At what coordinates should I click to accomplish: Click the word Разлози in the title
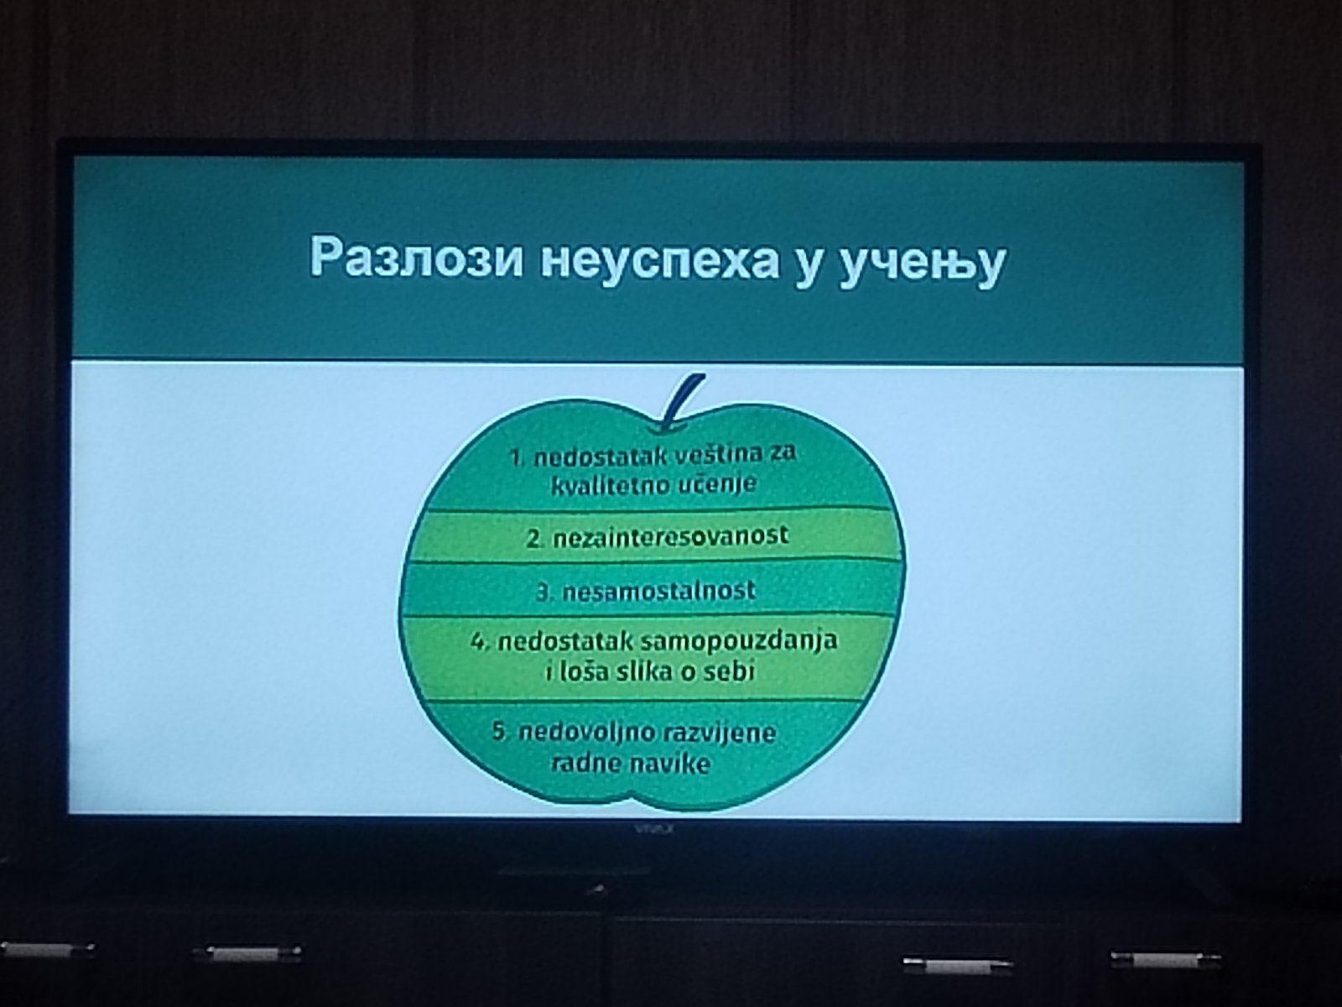417,258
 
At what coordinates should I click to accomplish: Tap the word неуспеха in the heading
660,261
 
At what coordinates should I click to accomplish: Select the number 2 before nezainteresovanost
533,539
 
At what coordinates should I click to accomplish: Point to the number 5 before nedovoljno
500,733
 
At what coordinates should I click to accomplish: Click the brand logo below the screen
653,829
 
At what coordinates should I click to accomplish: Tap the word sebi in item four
730,671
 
